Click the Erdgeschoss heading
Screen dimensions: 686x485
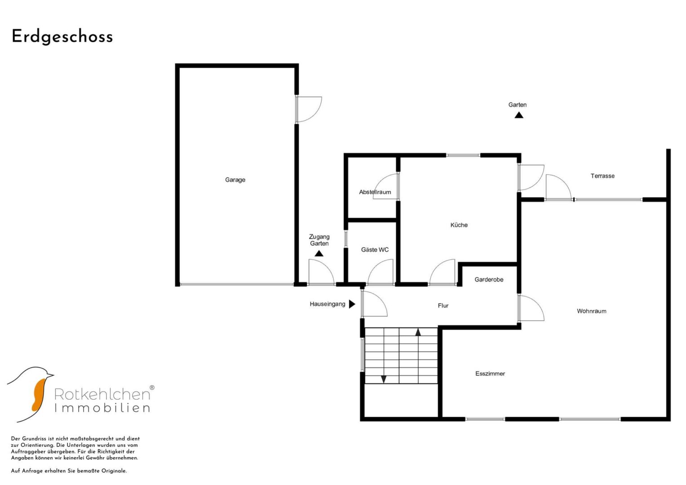(x=62, y=37)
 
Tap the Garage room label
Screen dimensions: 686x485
(x=235, y=180)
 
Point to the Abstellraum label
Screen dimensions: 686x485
(x=375, y=192)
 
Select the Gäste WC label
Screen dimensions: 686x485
(x=375, y=250)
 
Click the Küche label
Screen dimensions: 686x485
(x=459, y=225)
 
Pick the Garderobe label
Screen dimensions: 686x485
(x=489, y=279)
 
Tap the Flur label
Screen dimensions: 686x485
(x=443, y=305)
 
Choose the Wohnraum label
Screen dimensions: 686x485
(x=591, y=311)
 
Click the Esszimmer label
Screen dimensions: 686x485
(x=490, y=373)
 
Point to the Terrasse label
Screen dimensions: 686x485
(x=602, y=176)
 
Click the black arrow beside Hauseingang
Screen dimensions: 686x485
(x=352, y=304)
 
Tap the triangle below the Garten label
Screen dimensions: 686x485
(x=519, y=115)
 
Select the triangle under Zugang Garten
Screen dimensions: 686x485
(x=319, y=253)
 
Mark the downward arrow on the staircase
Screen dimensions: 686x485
(x=383, y=379)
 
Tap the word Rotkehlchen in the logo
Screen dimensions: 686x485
(x=102, y=394)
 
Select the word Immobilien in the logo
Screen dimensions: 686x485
(x=102, y=408)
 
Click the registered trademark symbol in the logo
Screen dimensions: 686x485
(x=152, y=388)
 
